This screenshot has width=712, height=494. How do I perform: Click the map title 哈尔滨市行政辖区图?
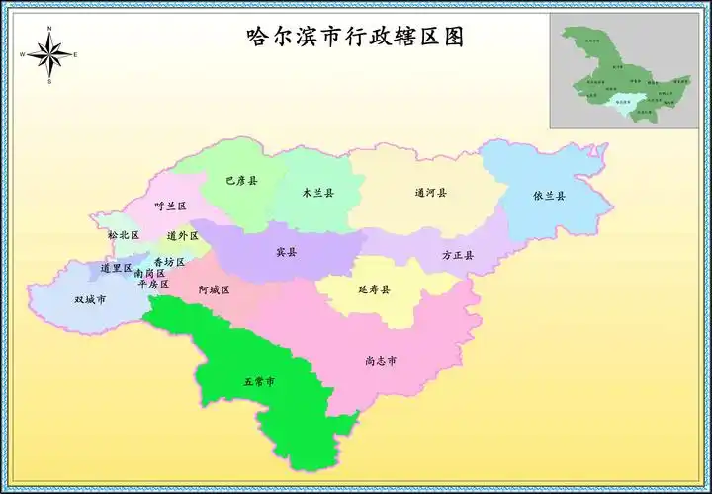[355, 38]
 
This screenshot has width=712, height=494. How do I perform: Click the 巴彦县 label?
[241, 181]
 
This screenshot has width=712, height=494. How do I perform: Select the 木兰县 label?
[317, 193]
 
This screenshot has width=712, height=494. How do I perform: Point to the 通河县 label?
[430, 193]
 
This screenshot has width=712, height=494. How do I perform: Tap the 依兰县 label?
[549, 196]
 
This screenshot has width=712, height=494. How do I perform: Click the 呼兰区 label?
[170, 206]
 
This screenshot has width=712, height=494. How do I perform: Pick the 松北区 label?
[124, 235]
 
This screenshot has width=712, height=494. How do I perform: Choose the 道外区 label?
[183, 236]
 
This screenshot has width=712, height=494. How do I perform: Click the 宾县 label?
[286, 252]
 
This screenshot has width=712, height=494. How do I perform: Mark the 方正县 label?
[457, 255]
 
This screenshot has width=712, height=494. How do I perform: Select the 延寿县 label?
[374, 289]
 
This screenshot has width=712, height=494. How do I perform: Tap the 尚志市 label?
[381, 361]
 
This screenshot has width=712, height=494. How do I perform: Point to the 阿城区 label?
[214, 290]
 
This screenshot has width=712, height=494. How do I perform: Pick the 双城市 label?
[90, 299]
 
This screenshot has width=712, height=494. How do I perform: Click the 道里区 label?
[116, 268]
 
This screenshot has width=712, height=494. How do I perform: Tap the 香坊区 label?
[169, 261]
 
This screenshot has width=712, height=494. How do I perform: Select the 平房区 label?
[153, 284]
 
